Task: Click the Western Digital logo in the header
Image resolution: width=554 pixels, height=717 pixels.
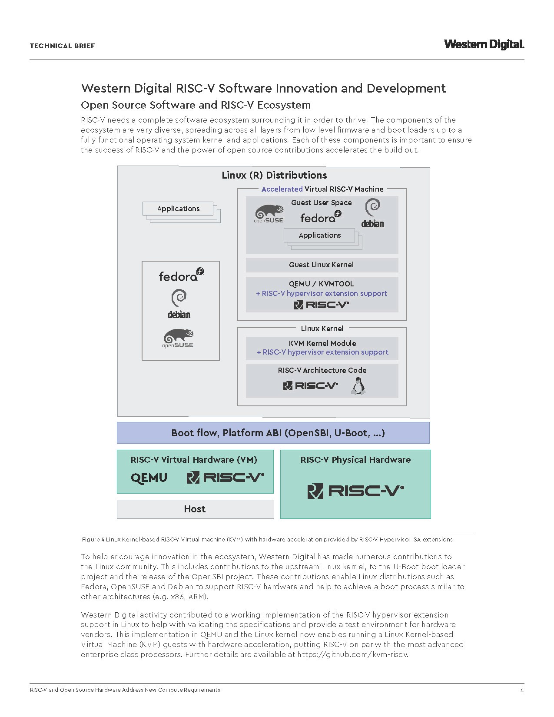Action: [484, 44]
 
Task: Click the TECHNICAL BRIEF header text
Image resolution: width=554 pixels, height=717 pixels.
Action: [62, 46]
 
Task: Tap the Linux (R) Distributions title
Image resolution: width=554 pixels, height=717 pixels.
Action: [274, 175]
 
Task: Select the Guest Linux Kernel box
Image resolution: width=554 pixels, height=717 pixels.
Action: [322, 265]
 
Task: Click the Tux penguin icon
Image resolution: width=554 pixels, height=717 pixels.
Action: [358, 385]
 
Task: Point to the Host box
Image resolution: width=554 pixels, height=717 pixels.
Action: [195, 509]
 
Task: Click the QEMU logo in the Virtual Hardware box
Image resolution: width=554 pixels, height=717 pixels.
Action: [149, 478]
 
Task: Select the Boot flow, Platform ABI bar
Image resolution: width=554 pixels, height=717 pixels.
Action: [273, 433]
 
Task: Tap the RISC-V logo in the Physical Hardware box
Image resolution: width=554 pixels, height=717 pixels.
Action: [355, 491]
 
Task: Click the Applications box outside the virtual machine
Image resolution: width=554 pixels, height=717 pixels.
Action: [178, 209]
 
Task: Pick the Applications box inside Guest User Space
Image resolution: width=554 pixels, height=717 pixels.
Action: [320, 235]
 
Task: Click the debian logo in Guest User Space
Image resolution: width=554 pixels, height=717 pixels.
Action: [372, 213]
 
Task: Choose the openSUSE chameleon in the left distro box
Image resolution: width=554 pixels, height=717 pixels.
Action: [178, 339]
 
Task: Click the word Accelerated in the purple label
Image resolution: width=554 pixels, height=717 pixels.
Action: [282, 189]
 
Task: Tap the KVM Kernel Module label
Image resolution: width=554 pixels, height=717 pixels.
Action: [322, 343]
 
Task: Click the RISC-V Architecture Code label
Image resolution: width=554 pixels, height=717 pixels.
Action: [322, 370]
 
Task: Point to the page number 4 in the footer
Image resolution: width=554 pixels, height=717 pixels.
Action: [522, 690]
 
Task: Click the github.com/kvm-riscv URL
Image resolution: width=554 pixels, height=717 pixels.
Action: [353, 654]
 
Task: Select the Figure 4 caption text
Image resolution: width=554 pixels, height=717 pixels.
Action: [267, 539]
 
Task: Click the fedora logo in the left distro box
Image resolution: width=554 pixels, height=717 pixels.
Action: [181, 276]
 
